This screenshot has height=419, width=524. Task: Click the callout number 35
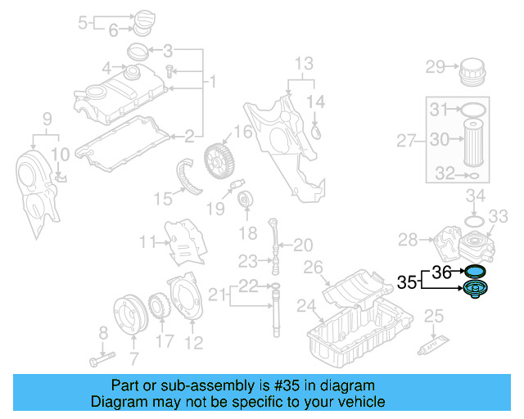(407, 282)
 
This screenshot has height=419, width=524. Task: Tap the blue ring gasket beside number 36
(474, 272)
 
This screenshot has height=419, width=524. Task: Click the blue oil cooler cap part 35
(474, 290)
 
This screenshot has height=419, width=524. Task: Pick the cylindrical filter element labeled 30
(475, 141)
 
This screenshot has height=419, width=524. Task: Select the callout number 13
(304, 64)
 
